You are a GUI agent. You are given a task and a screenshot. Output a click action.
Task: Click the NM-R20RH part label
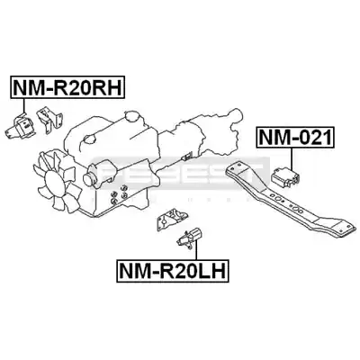pos(67,87)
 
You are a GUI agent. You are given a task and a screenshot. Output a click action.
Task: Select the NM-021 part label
pos(295,138)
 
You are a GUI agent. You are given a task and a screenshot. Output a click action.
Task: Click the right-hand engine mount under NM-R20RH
pos(21,128)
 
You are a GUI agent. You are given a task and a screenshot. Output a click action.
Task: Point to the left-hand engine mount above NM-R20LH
pos(190,237)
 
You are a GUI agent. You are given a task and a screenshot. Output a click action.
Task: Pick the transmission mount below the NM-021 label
pos(285,175)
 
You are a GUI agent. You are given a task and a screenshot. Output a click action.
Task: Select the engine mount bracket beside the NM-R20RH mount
pos(49,120)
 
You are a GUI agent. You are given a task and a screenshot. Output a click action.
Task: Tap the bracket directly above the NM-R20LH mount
pos(171,219)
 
